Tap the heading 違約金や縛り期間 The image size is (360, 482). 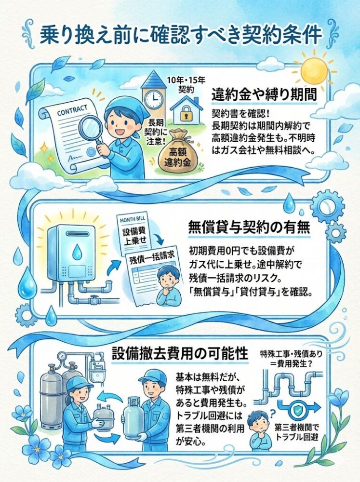(264, 94)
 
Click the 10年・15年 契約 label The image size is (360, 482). (186, 85)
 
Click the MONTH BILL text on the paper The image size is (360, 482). (133, 220)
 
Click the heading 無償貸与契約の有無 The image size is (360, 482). (249, 228)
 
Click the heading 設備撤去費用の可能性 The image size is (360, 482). (180, 353)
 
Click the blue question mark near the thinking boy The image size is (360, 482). (272, 413)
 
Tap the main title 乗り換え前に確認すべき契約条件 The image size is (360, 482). (181, 35)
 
